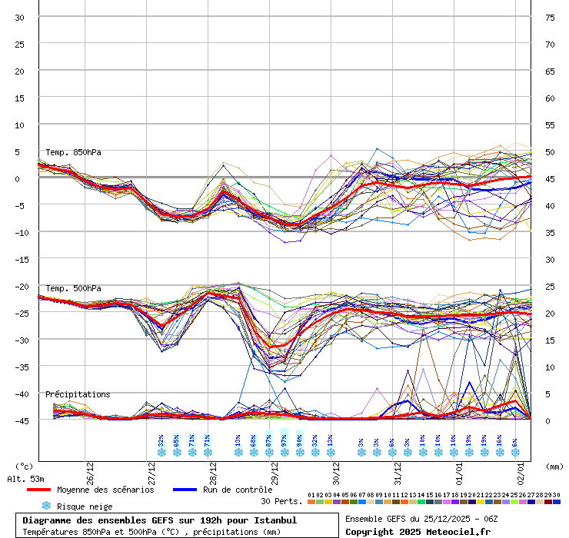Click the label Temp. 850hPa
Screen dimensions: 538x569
(73, 152)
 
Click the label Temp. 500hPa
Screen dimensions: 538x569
(73, 288)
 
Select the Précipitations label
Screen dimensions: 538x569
(78, 394)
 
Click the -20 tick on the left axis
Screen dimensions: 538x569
(19, 286)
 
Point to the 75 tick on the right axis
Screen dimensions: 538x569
(550, 17)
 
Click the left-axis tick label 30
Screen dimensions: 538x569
(19, 17)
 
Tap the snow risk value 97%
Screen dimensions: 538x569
(284, 440)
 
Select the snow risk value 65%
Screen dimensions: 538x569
(177, 440)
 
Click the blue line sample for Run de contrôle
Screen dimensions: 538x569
(185, 490)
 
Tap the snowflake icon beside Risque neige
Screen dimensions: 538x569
(46, 506)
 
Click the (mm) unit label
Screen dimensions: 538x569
(555, 466)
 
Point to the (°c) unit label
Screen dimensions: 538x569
(25, 466)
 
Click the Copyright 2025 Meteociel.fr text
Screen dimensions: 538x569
(418, 531)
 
